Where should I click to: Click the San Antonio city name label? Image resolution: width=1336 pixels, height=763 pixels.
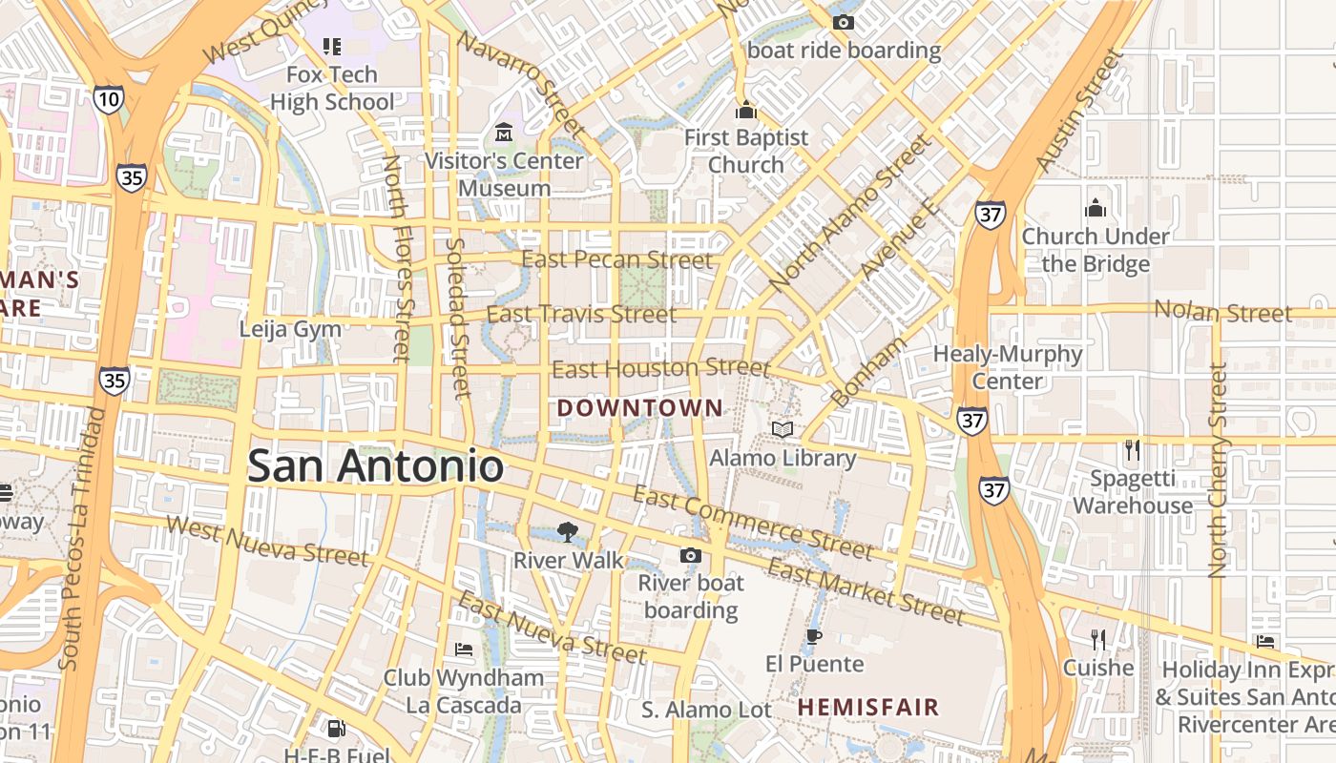pos(375,465)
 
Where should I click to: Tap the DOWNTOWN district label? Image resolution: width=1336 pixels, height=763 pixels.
pos(640,408)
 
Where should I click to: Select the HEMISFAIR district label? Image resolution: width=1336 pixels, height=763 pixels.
pos(868,708)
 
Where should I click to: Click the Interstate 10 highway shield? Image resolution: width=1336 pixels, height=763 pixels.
pos(109,98)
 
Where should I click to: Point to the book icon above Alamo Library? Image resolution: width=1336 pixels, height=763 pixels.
pos(783,430)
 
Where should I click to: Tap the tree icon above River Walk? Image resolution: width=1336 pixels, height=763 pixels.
pos(568,531)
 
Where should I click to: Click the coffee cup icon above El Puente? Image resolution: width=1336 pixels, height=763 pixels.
pos(813,636)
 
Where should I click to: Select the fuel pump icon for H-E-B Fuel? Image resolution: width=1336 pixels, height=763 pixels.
pos(336,730)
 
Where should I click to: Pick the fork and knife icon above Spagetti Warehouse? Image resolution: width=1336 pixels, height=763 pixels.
pos(1133,450)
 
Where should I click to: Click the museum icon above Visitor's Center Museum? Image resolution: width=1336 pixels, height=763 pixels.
pos(504,132)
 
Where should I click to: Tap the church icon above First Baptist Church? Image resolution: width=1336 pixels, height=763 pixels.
pos(746,111)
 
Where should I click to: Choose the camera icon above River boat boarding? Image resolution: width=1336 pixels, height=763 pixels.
pos(690,555)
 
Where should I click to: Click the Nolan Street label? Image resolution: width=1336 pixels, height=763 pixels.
pos(1223,311)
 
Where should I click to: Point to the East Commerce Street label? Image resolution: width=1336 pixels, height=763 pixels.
pos(753,524)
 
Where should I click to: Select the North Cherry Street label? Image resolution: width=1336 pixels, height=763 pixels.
pos(1218,470)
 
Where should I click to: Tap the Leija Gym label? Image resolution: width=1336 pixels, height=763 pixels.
pos(290,329)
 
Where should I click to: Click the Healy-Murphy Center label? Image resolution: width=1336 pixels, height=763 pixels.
pos(1008,367)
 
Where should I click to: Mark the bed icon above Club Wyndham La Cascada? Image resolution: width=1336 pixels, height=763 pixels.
pos(464,650)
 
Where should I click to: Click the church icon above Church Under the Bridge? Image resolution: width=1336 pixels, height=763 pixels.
pos(1095,208)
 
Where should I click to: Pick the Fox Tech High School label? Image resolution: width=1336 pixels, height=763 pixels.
pos(332,88)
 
